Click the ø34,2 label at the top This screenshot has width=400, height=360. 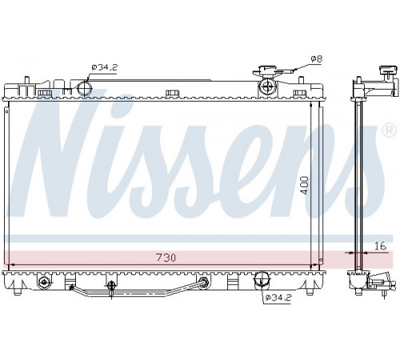104,67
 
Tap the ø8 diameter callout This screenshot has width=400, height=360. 317,59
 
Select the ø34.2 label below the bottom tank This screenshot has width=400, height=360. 278,298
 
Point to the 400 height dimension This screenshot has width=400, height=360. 305,185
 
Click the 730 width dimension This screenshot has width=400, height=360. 166,258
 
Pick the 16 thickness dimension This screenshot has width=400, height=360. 380,246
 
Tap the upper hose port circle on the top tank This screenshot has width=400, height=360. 84,88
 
